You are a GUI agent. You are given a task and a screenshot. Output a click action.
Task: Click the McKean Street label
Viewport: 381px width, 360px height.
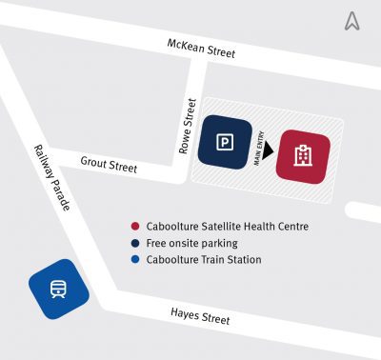201,49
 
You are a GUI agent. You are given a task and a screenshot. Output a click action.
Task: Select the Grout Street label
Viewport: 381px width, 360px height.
109,165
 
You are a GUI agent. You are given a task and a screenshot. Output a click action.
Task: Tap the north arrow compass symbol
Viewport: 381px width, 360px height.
352,21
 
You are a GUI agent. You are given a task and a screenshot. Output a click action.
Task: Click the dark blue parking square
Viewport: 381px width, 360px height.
225,143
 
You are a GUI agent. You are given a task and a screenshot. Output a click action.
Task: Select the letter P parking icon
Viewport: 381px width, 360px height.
225,143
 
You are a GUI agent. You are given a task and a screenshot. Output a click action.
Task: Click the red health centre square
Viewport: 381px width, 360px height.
303,155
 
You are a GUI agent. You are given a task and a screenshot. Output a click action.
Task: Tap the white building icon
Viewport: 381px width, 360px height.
303,155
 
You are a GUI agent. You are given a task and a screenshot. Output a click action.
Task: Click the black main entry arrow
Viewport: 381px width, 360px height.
270,149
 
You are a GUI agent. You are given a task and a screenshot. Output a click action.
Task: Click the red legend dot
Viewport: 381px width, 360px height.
136,227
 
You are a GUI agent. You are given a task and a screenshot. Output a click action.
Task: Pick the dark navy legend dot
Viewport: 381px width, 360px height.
136,243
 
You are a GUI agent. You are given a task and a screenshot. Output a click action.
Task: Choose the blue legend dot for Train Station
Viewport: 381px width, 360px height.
136,259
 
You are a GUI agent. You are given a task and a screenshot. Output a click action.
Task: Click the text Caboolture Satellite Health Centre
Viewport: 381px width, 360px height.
228,227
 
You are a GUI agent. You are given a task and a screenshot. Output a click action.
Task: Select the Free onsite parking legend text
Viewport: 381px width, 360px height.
191,243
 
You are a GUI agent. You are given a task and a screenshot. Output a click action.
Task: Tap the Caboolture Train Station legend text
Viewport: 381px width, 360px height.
204,259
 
